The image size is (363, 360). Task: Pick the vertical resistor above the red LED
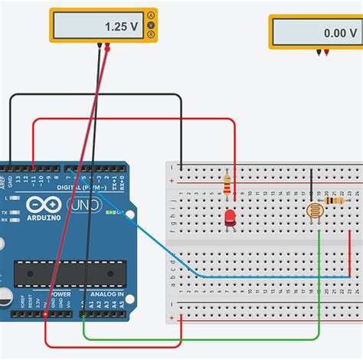click(x=227, y=185)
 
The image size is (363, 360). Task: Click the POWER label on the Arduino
click(x=60, y=294)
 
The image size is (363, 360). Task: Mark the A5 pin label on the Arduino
click(x=123, y=304)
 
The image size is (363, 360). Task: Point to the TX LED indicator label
click(x=5, y=211)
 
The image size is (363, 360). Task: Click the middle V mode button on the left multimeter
click(x=152, y=25)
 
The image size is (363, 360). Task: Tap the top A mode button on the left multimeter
click(x=152, y=15)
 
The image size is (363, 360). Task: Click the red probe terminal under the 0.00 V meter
click(x=328, y=52)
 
